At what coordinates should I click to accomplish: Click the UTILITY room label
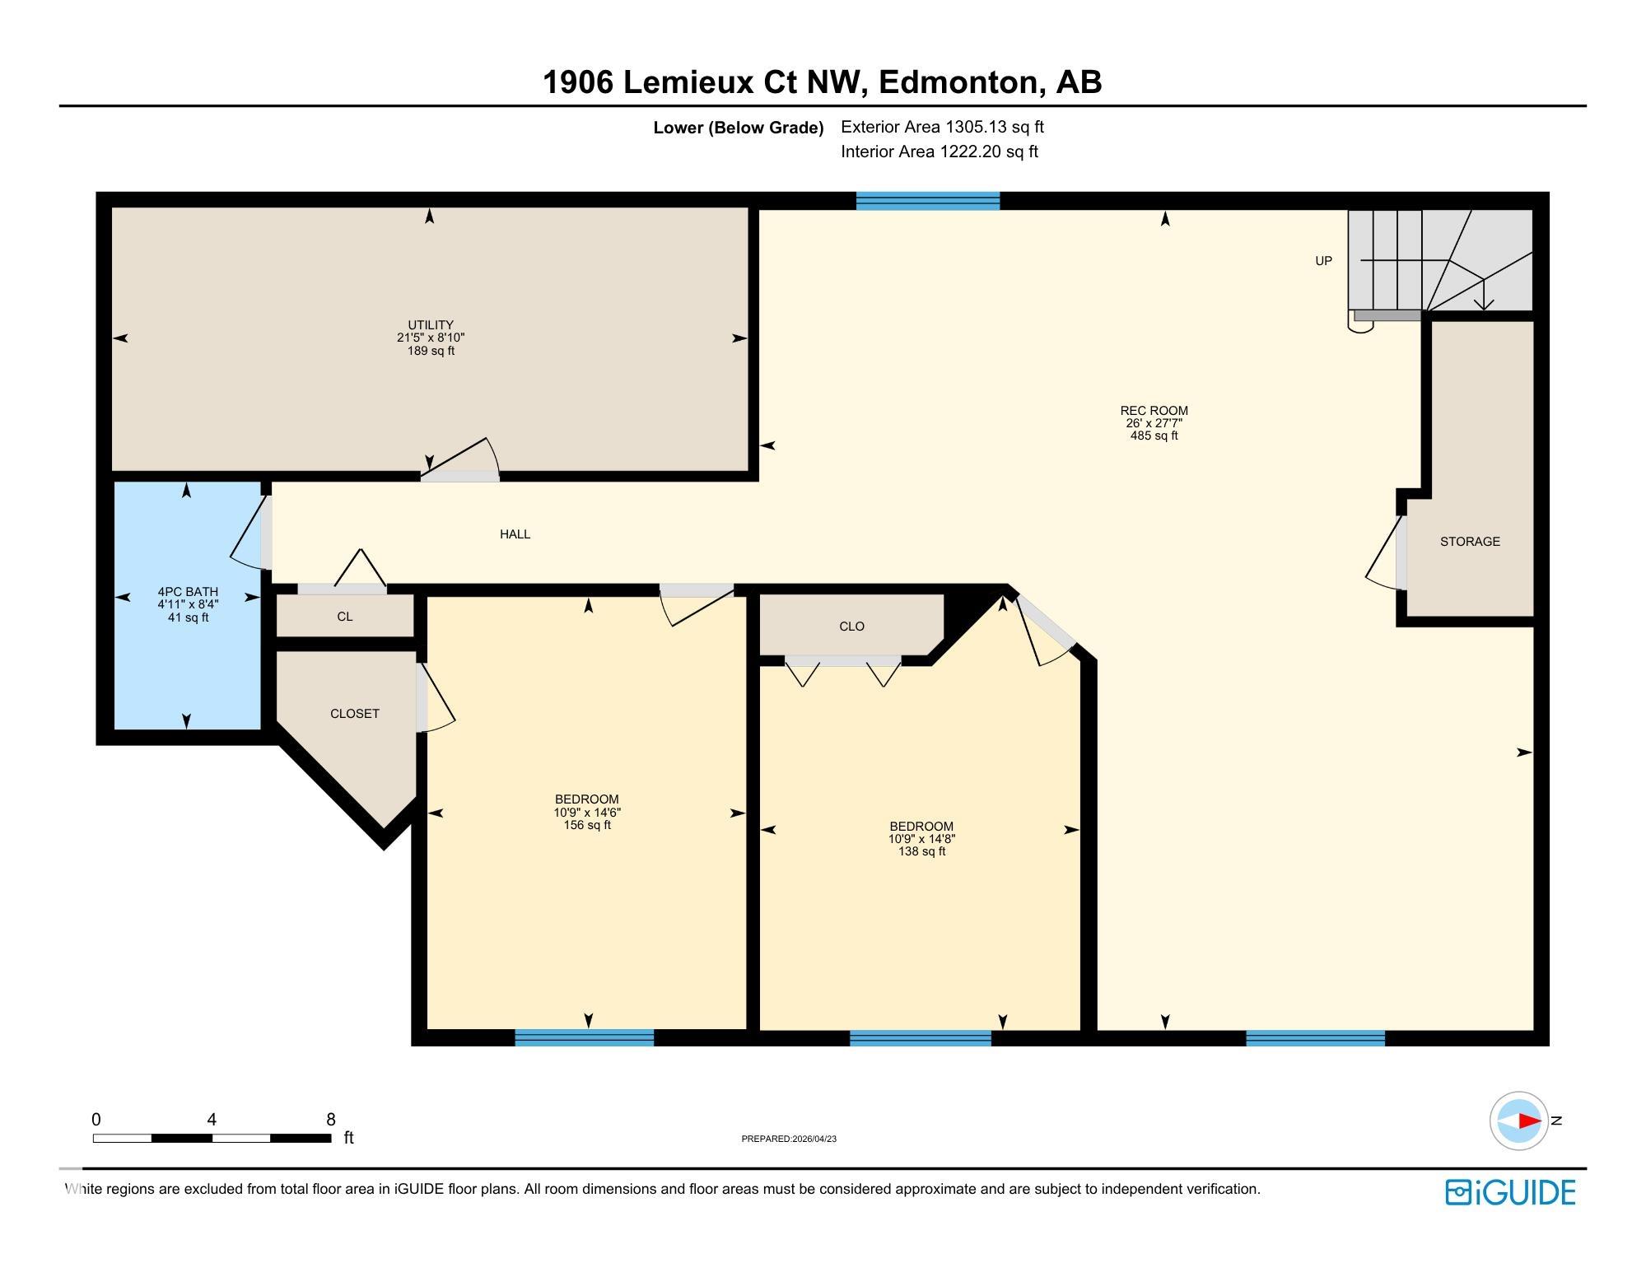[x=431, y=325]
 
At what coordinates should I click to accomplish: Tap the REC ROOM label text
[x=1154, y=411]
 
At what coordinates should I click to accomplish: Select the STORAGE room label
[x=1470, y=542]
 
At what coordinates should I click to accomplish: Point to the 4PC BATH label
[x=188, y=592]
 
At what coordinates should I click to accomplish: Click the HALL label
[x=515, y=534]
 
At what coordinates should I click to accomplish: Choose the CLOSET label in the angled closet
[x=355, y=714]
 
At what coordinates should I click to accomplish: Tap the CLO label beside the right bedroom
[x=851, y=627]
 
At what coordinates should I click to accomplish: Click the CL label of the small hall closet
[x=344, y=617]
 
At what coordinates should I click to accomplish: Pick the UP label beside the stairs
[x=1323, y=261]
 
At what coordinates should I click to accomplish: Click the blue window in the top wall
[x=928, y=201]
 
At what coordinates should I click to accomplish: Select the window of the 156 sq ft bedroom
[x=584, y=1037]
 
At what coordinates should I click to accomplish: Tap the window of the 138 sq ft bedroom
[x=920, y=1038]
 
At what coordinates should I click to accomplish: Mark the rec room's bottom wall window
[x=1315, y=1038]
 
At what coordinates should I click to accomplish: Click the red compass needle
[x=1530, y=1121]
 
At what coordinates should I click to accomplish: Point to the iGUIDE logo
[x=1510, y=1192]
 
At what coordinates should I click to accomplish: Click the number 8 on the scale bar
[x=331, y=1120]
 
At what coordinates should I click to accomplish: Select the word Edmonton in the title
[x=958, y=82]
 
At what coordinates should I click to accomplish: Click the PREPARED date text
[x=789, y=1139]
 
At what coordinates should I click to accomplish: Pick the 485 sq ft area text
[x=1154, y=436]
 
